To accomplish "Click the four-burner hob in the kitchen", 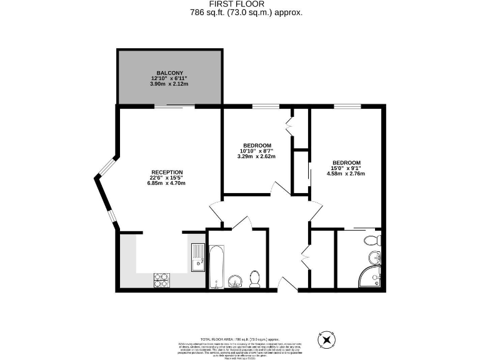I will pos(161,280).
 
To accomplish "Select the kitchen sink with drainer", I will pos(198,257).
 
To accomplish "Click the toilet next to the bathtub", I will pos(255,278).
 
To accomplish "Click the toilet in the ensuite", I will pos(372,239).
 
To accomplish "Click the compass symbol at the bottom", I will pos(326,339).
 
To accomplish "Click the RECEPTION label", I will pos(166,172).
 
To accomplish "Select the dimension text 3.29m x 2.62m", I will pos(256,156).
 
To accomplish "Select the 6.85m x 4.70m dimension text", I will pos(166,183).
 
